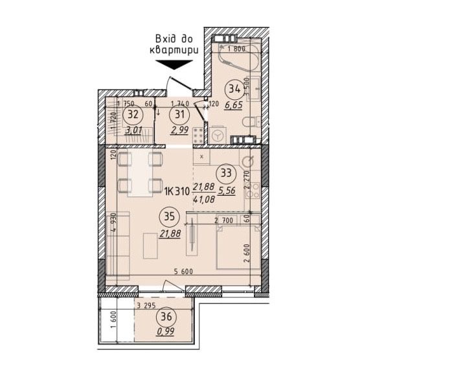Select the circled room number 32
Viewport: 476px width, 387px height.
point(135,114)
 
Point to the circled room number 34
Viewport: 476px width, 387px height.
point(234,90)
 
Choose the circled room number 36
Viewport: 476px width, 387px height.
point(166,317)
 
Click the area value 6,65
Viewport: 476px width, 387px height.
point(234,106)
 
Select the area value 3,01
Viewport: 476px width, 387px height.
point(135,130)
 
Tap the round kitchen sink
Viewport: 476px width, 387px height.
point(247,160)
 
